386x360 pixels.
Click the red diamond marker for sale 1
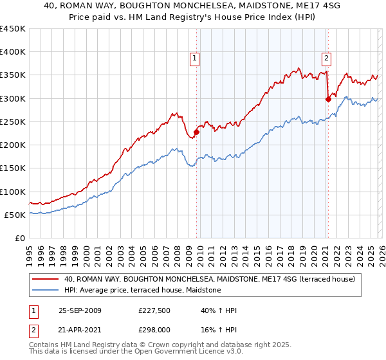196,132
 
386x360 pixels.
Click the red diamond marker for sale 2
328,99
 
